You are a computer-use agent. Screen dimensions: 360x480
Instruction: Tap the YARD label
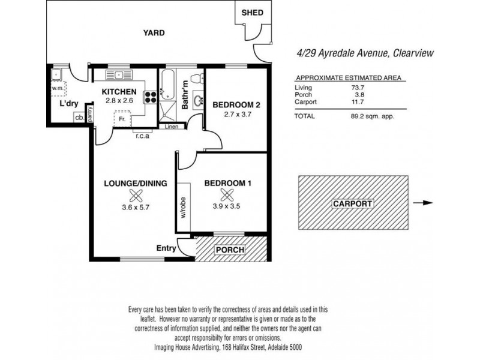[153, 33]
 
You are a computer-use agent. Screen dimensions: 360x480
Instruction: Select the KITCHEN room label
[119, 91]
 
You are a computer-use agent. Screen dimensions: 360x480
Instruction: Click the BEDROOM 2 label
[235, 104]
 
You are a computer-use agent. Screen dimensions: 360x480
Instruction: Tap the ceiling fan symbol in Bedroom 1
[227, 195]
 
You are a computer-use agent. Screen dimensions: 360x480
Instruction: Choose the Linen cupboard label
[172, 127]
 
